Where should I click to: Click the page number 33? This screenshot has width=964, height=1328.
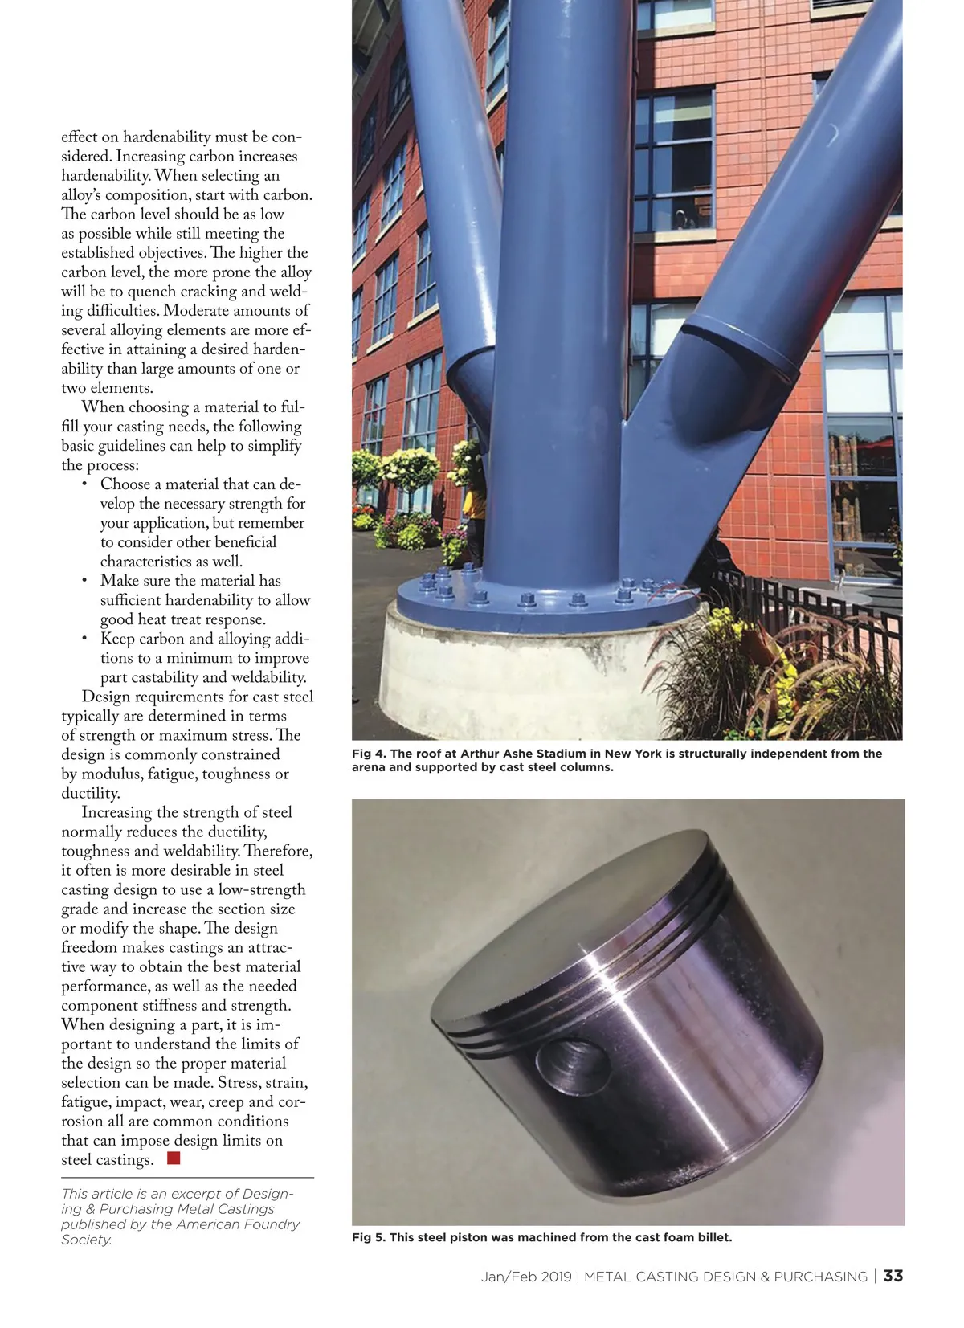893,1276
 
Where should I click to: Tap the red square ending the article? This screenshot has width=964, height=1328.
174,1158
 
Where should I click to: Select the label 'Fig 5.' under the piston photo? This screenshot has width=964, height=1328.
368,1237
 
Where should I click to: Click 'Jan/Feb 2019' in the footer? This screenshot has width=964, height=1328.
526,1277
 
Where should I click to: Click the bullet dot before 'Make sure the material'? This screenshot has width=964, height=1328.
84,580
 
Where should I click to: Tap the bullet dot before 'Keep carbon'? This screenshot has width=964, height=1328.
84,638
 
